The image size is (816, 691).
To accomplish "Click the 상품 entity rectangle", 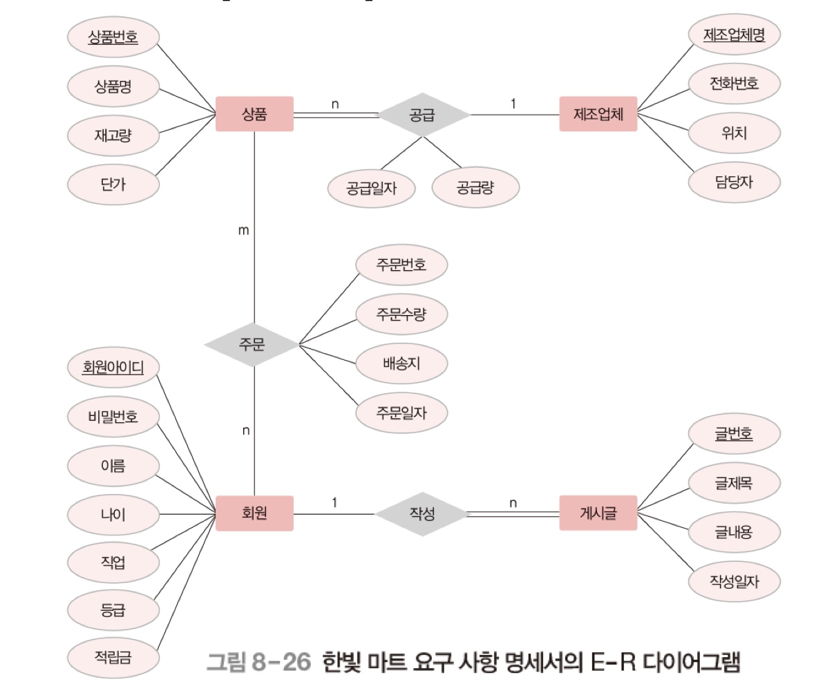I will [254, 114].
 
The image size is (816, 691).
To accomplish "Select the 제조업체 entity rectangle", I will [598, 114].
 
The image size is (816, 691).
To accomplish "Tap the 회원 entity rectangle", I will [254, 513].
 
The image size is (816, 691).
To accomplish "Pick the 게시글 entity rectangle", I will [598, 513].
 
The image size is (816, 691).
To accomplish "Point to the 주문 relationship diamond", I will [253, 343].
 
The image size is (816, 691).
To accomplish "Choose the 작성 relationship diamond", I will [421, 513].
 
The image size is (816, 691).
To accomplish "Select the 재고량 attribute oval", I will [113, 135].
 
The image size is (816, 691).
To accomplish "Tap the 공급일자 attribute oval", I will [372, 187].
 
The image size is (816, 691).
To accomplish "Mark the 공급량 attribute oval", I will [475, 187].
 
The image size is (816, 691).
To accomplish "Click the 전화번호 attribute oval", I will [734, 84].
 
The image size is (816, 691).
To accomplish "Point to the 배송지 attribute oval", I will [401, 363].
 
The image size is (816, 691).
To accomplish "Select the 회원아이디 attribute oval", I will [113, 367].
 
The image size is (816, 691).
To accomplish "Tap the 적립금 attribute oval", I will [113, 656].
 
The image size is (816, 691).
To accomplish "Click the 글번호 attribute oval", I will [734, 434].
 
